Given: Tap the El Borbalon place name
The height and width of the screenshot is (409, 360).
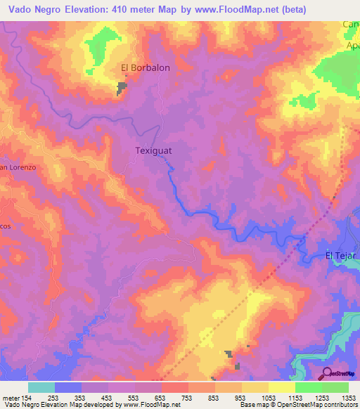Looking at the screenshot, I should click(146, 68).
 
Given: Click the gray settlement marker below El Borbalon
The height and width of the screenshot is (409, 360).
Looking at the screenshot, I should click(122, 89).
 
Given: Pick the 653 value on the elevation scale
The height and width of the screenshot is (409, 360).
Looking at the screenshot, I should click(161, 398).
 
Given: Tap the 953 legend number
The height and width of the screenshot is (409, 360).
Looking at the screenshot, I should click(241, 398).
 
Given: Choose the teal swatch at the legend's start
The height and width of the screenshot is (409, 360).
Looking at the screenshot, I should click(41, 387).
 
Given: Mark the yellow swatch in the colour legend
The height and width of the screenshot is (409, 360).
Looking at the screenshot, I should click(255, 387).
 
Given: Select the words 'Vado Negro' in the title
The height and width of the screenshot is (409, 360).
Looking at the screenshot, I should click(34, 10).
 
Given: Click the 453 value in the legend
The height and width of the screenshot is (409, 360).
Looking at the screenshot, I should click(108, 398).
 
